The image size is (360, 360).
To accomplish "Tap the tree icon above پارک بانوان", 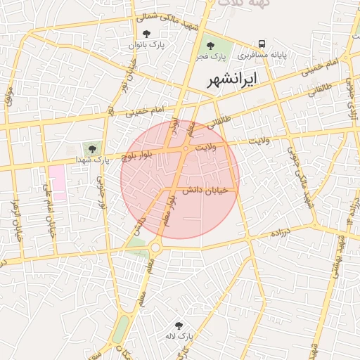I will pos(146,34).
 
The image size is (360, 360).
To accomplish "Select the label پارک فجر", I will pos(210,56).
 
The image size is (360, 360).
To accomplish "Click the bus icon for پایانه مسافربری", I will pos(262,43).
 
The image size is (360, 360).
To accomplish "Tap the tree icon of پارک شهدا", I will pos(91,148).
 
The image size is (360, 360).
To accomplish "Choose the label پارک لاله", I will pos(179,337).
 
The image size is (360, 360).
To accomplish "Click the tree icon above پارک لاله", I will pos(179,326).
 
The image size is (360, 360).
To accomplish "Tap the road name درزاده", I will pos(283,231).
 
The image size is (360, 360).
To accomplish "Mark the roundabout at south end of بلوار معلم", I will pos(155,247).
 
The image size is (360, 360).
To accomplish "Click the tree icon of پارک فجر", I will pos(210,45).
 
